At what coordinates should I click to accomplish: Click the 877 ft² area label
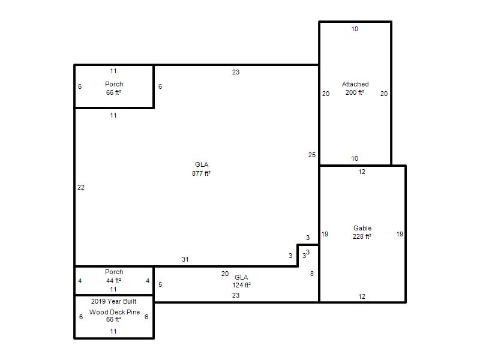[201, 173]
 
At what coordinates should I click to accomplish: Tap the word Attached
[355, 84]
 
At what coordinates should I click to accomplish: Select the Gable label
[362, 228]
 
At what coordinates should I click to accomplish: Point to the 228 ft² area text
[362, 236]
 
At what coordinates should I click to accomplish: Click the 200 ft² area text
[355, 92]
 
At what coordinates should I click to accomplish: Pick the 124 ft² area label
[242, 285]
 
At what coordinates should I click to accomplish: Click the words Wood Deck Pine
[115, 312]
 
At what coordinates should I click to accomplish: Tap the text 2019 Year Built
[114, 301]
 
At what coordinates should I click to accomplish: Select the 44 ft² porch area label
[113, 281]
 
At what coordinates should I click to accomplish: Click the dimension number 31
[185, 259]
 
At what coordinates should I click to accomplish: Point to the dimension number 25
[312, 155]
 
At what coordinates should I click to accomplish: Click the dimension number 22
[81, 187]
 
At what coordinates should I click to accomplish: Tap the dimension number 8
[312, 274]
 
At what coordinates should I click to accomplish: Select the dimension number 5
[160, 284]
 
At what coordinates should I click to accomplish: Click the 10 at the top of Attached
[355, 29]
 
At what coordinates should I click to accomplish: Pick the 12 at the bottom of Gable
[362, 296]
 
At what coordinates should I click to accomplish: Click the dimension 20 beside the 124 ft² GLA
[225, 274]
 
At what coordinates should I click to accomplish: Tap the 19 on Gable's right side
[400, 234]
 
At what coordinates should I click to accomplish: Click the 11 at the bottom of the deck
[113, 331]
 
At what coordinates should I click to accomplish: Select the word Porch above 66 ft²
[114, 84]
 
